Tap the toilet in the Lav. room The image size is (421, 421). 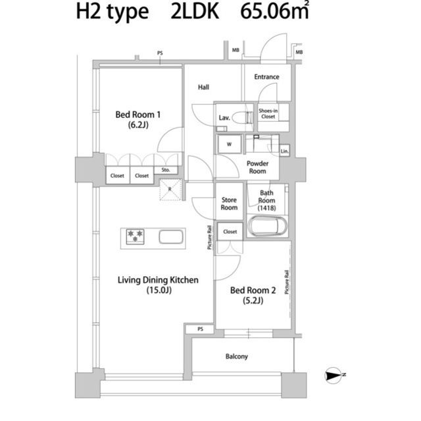click(x=242, y=117)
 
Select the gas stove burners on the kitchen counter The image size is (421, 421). click(x=135, y=237)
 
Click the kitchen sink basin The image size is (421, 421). click(x=171, y=237)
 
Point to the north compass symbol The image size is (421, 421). click(x=334, y=375)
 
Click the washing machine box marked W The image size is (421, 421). click(x=229, y=144)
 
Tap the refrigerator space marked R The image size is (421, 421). click(x=170, y=189)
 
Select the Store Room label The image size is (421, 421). click(x=229, y=204)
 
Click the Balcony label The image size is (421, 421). click(x=237, y=356)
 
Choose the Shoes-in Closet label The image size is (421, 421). click(x=268, y=113)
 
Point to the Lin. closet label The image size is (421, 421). click(x=284, y=152)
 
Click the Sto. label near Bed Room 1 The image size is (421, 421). click(x=166, y=170)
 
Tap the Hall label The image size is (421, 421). click(x=203, y=87)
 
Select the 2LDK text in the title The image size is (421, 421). click(x=195, y=11)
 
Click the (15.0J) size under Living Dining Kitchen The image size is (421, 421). click(x=159, y=290)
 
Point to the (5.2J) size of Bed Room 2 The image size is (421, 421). click(x=253, y=300)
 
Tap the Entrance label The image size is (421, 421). click(x=266, y=77)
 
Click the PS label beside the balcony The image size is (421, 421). click(x=200, y=329)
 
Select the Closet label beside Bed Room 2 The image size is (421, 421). click(x=230, y=231)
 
